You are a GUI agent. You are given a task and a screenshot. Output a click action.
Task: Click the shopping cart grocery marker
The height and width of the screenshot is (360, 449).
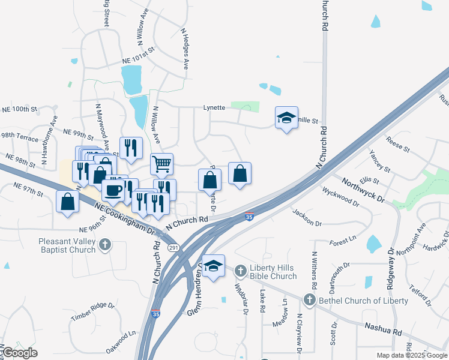pos(161,164)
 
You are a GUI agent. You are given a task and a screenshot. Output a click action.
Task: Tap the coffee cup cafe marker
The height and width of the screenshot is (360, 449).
pos(113,191)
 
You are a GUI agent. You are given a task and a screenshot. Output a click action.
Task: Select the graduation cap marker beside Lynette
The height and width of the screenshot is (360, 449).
pos(287,118)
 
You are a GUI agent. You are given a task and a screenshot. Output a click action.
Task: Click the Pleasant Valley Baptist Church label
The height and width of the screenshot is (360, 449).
pos(59,245)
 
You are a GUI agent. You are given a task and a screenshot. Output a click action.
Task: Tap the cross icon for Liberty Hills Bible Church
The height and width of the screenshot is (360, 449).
pos(240,271)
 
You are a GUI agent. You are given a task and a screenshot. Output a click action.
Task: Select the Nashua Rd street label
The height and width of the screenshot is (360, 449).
pos(382,328)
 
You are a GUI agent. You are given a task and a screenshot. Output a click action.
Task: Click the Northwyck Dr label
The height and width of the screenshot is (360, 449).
pos(363,190)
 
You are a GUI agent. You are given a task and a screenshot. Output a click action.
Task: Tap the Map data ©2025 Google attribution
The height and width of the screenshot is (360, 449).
pos(412,355)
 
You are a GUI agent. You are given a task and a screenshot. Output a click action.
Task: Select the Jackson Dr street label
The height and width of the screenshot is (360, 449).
pos(307,218)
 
